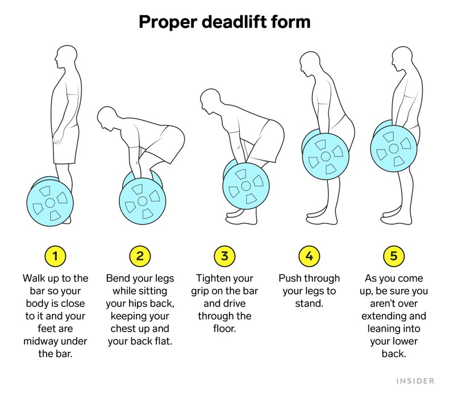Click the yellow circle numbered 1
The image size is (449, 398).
(x=55, y=256)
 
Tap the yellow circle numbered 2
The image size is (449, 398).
(x=140, y=256)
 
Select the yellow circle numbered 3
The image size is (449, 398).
(x=224, y=256)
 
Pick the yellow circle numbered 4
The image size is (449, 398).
(x=309, y=256)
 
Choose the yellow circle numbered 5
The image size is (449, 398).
(x=393, y=256)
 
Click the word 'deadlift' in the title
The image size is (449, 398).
(x=227, y=22)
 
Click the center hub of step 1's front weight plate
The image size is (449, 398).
(x=49, y=202)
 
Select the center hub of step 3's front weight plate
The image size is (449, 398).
(x=245, y=185)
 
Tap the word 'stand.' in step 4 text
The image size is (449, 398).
(x=309, y=303)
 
